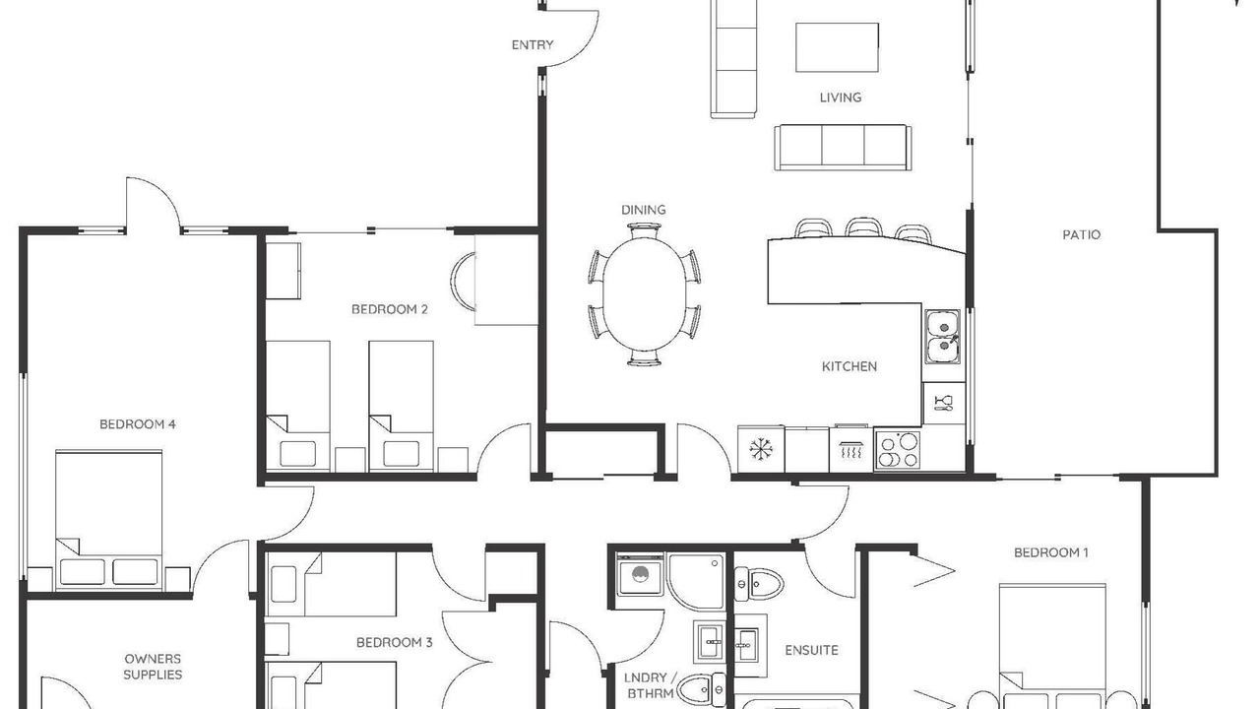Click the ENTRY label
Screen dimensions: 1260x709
[x=533, y=45]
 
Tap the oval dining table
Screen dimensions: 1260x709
[x=645, y=293]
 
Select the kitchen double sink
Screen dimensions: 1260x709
[x=943, y=337]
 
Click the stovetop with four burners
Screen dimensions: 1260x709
[x=897, y=450]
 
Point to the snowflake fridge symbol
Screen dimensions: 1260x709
[x=761, y=449]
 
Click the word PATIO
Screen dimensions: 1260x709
[x=1081, y=234]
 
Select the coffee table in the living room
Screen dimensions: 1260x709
[x=837, y=47]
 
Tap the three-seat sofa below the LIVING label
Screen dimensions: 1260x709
[x=843, y=148]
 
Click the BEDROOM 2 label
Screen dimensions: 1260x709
[x=389, y=309]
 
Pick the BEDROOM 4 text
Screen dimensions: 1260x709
[x=137, y=424]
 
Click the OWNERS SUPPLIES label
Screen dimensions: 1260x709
[x=153, y=667]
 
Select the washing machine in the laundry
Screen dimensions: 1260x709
[x=640, y=574]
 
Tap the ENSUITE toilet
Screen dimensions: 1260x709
[x=759, y=585]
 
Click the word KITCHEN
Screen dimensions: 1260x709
[x=849, y=367]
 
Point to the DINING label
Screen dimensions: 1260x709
[x=643, y=210]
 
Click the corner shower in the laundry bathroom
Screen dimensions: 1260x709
[x=696, y=582]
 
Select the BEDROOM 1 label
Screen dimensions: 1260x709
[x=1050, y=552]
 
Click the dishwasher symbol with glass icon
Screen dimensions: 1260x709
[x=944, y=403]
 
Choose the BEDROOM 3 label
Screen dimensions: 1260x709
[x=395, y=643]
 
